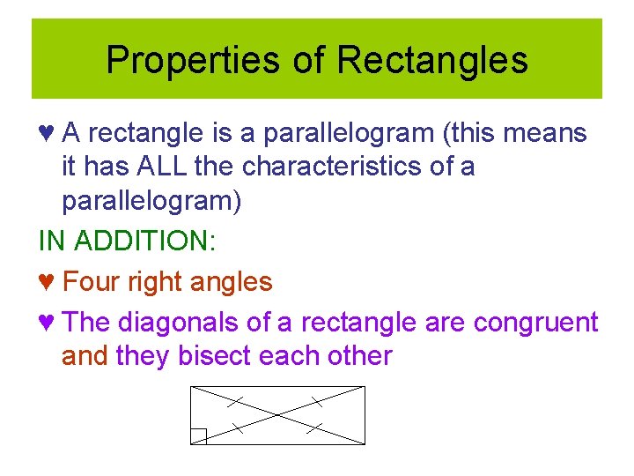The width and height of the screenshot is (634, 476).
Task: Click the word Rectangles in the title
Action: pos(431,61)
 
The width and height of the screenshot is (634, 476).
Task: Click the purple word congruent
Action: pos(535,323)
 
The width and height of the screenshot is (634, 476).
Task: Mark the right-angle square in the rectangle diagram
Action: pos(198,437)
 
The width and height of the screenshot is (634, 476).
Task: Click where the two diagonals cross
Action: pos(277,415)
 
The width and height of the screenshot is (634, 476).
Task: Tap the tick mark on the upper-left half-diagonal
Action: pos(234,401)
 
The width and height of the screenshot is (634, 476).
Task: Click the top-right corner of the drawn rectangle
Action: pos(365,386)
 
